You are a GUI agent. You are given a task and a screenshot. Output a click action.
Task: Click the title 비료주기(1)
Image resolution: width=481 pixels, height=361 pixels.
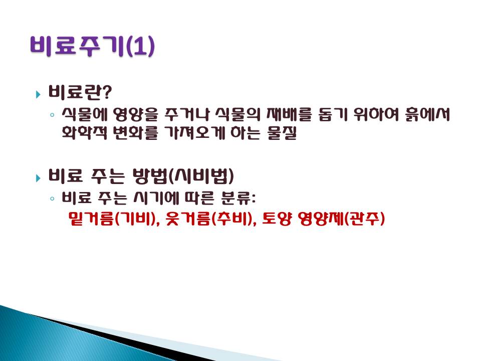(92, 46)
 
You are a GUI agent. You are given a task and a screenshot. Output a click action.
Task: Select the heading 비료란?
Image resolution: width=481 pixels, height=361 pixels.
(80, 92)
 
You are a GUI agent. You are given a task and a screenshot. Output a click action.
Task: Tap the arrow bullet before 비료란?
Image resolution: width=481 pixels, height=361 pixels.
(38, 94)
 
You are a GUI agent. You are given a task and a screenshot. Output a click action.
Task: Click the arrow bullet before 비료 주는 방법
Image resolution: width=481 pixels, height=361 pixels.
(38, 177)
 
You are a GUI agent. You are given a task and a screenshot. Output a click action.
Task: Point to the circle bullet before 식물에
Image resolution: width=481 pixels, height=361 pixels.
(52, 115)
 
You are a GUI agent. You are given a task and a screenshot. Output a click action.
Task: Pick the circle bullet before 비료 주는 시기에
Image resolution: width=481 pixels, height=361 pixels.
(52, 199)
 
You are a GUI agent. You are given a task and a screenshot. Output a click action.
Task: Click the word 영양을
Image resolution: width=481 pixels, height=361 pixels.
(135, 114)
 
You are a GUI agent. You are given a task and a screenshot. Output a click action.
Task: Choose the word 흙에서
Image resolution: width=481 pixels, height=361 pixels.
(427, 114)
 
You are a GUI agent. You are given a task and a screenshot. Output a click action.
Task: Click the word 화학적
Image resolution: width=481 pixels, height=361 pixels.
(84, 132)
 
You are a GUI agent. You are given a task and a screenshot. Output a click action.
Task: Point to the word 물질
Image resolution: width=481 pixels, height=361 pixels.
(282, 133)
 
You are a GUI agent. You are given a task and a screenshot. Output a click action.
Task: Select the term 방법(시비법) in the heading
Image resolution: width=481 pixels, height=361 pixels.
(183, 176)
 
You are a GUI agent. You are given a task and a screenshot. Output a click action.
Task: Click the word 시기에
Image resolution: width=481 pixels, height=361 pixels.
(156, 198)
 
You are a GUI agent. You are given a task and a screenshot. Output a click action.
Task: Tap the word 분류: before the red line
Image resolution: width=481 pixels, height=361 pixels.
(238, 198)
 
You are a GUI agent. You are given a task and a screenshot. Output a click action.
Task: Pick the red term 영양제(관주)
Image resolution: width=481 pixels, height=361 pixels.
(341, 219)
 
